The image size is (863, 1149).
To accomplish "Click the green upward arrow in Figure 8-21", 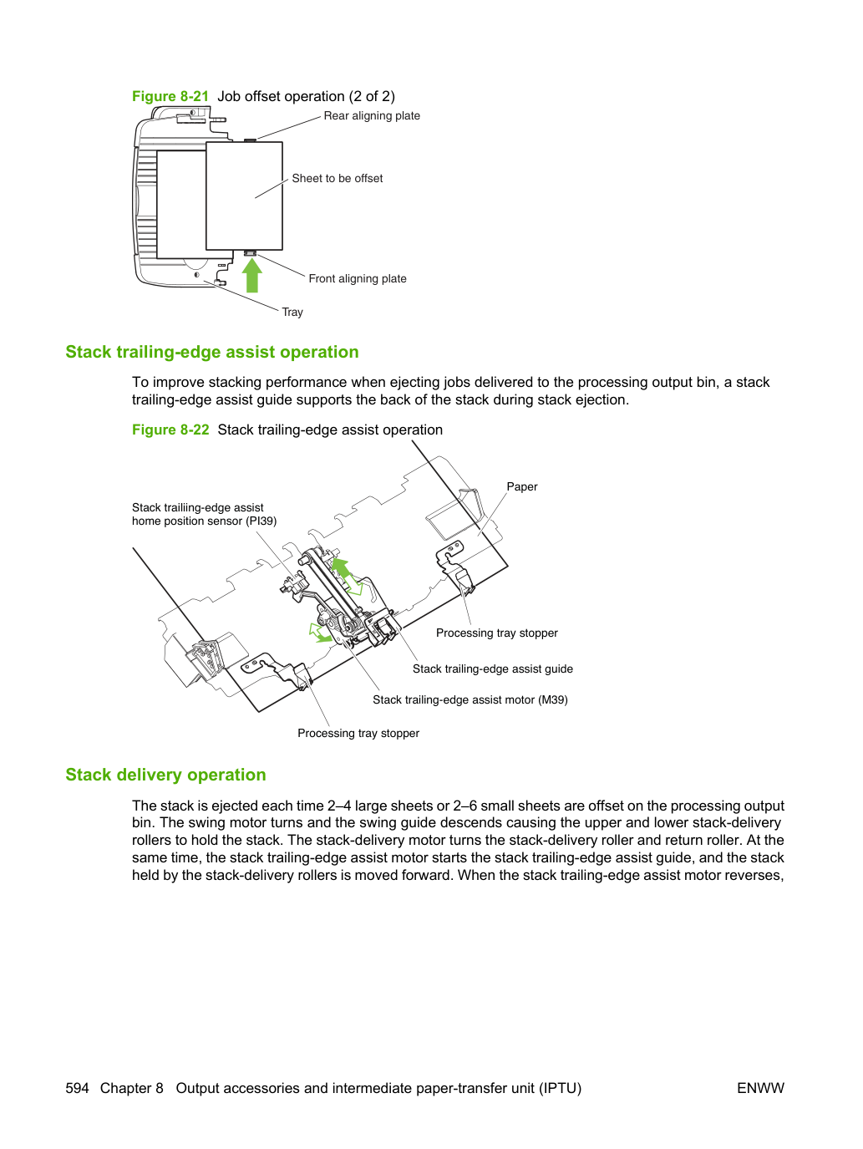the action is click(x=251, y=275).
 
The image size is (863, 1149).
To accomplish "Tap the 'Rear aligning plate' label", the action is click(x=372, y=115).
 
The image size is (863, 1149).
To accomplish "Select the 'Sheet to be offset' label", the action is click(x=337, y=179).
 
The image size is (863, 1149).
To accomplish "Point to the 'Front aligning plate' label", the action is click(x=358, y=278).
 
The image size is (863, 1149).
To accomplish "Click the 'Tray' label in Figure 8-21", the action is click(x=292, y=312).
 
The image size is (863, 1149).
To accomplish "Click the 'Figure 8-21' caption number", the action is click(x=170, y=96).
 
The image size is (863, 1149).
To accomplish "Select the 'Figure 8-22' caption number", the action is click(x=170, y=430).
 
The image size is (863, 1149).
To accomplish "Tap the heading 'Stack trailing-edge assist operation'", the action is click(x=212, y=353).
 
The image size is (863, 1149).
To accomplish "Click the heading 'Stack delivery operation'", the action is click(x=165, y=775).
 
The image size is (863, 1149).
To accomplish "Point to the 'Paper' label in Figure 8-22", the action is click(x=522, y=487).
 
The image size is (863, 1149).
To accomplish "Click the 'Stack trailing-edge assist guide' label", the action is click(x=492, y=669).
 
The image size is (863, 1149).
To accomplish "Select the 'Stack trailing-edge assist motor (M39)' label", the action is click(x=470, y=700).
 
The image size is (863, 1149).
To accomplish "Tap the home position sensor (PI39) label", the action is click(x=204, y=514).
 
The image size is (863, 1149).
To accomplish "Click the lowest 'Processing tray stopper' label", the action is click(x=358, y=734).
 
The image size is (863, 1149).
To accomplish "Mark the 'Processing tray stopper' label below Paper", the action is click(x=496, y=633).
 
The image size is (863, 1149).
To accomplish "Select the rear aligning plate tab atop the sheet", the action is click(x=250, y=140).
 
